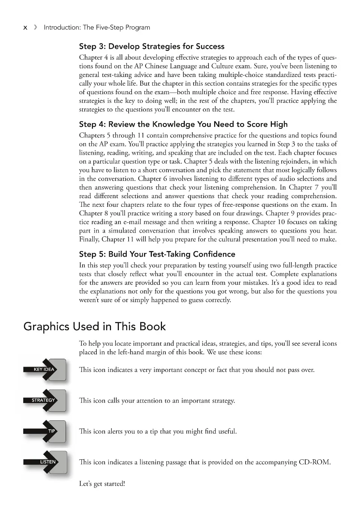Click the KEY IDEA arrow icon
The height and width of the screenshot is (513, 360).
tap(45, 370)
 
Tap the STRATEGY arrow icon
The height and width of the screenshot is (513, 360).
tap(45, 400)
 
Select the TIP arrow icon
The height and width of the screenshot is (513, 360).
tap(45, 431)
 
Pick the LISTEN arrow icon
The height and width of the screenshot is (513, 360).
tap(45, 462)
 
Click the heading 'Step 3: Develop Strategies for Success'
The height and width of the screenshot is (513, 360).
tap(151, 47)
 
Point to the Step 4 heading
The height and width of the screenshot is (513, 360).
tap(183, 124)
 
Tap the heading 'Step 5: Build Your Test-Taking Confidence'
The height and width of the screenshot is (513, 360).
tap(157, 254)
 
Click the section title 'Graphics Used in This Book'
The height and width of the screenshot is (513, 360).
tap(94, 326)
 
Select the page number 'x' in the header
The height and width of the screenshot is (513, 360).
tap(25, 27)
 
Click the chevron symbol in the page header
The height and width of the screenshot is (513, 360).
tap(35, 27)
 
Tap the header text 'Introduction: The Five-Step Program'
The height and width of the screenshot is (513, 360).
tap(97, 27)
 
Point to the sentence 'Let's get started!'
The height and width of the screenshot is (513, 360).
tap(102, 484)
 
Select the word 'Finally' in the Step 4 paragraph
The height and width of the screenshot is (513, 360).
tap(89, 239)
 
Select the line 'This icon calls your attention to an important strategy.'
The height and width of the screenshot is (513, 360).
tap(157, 401)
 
